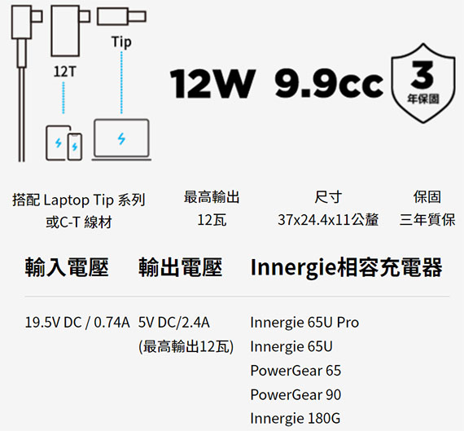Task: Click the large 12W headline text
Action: tap(212, 84)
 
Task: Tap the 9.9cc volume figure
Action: tap(329, 84)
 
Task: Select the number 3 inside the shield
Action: tap(422, 74)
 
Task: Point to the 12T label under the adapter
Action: tap(65, 72)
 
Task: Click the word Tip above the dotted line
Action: tap(121, 42)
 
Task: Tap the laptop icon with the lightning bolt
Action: tap(121, 140)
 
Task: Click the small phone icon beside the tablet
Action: tap(75, 147)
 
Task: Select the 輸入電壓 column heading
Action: tap(67, 267)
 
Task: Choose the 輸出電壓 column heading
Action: tap(180, 267)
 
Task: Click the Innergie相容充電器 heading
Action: tap(346, 267)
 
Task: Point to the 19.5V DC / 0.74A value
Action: tap(77, 323)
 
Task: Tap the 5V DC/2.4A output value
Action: tap(174, 323)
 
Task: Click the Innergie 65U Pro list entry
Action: tap(304, 323)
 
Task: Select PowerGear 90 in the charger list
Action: tap(295, 394)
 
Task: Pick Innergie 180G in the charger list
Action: tap(295, 419)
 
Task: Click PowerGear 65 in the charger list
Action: tap(295, 371)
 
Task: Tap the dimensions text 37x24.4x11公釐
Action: tap(328, 220)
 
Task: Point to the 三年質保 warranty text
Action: tap(427, 220)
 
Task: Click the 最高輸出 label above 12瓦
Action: tap(212, 196)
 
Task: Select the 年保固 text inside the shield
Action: tap(422, 99)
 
